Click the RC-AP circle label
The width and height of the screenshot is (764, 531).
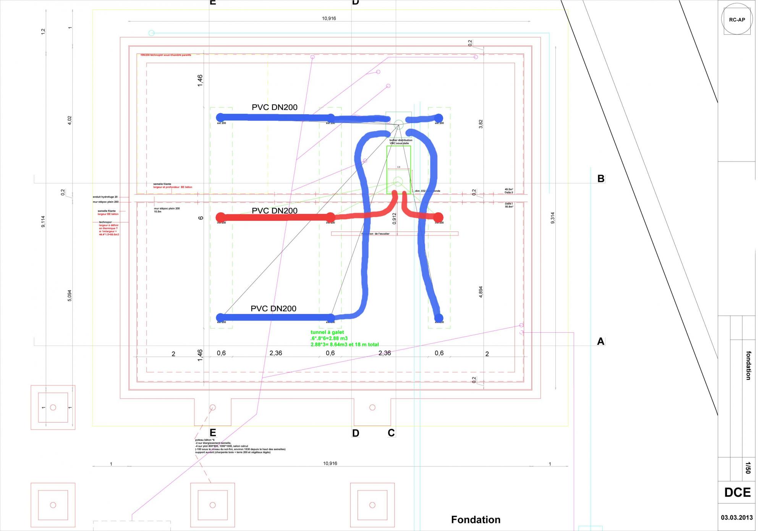(x=737, y=20)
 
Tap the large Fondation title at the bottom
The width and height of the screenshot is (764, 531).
(x=476, y=520)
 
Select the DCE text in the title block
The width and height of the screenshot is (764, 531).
(x=737, y=492)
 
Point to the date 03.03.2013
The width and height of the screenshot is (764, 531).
(x=737, y=518)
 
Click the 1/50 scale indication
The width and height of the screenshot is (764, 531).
(x=748, y=468)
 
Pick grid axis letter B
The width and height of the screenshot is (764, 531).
(x=601, y=179)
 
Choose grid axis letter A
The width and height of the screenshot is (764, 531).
(x=601, y=342)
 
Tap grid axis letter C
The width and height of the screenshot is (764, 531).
(x=391, y=433)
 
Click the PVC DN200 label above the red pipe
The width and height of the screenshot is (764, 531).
(x=274, y=210)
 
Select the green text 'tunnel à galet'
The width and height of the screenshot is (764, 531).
(x=327, y=332)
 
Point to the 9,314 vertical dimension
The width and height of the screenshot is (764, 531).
(x=552, y=218)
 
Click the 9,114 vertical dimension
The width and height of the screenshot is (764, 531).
(x=43, y=222)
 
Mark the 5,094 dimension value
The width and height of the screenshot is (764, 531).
(x=70, y=295)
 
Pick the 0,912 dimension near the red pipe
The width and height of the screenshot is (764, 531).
(x=395, y=219)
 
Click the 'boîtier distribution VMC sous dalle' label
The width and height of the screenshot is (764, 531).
(x=401, y=142)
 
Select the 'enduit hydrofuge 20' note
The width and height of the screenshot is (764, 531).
(x=105, y=197)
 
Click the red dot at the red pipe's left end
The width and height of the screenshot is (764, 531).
(x=220, y=217)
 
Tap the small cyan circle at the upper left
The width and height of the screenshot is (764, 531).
(x=151, y=33)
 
